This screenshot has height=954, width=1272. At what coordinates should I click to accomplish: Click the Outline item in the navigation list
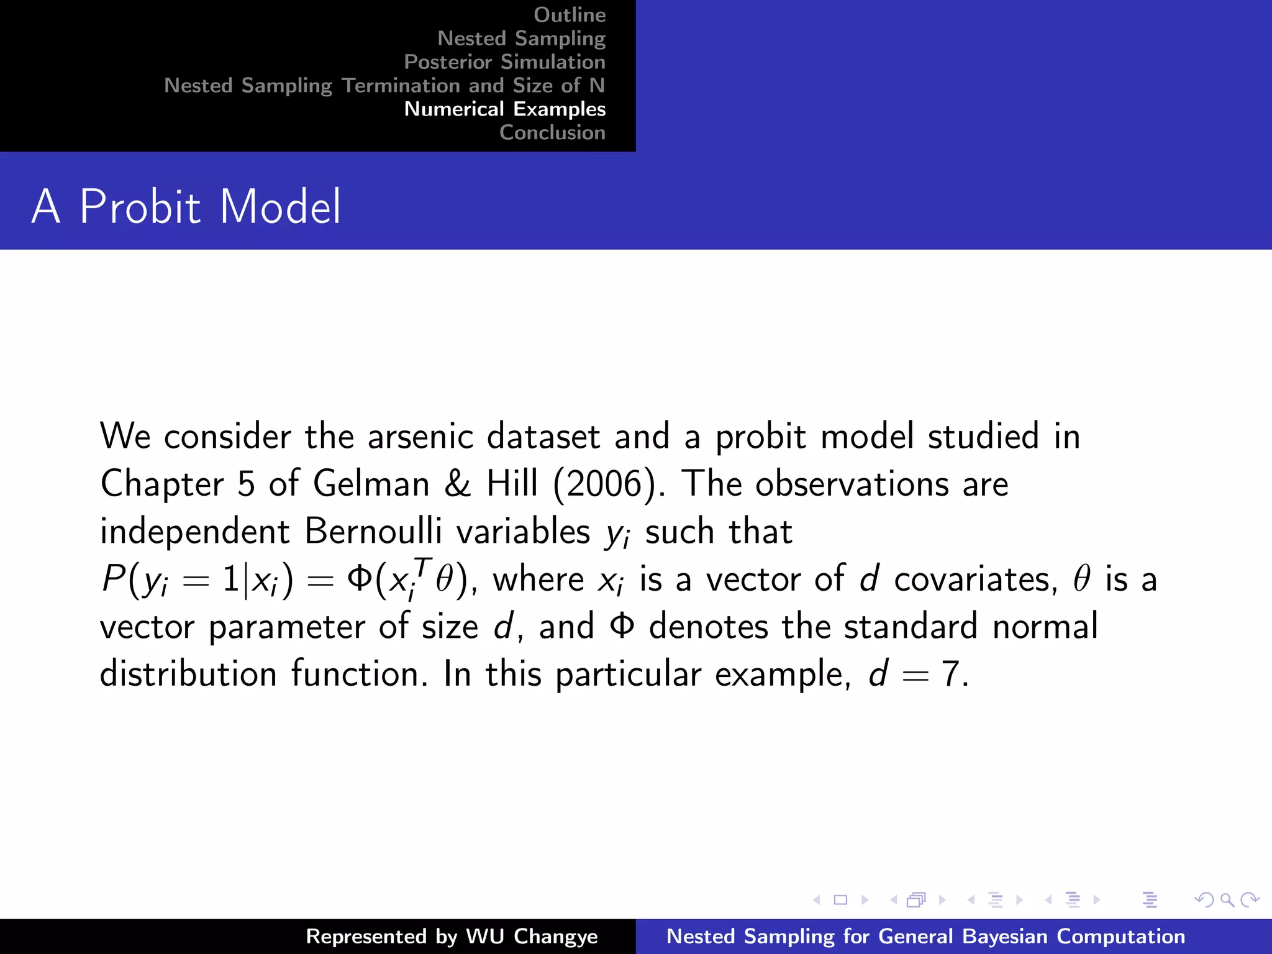pyautogui.click(x=570, y=15)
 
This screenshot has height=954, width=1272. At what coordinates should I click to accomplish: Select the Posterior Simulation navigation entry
pyautogui.click(x=504, y=62)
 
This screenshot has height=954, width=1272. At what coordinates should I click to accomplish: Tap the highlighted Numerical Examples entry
pyautogui.click(x=504, y=109)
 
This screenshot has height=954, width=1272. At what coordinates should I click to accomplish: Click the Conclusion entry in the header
pyautogui.click(x=552, y=133)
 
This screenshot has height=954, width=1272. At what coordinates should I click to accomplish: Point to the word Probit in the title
pyautogui.click(x=140, y=207)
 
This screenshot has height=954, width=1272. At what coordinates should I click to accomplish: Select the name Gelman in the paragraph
pyautogui.click(x=371, y=484)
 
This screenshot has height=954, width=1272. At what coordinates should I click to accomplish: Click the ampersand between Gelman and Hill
pyautogui.click(x=458, y=484)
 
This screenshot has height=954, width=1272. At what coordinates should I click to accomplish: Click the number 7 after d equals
pyautogui.click(x=951, y=674)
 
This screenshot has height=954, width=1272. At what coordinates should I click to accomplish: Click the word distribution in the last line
pyautogui.click(x=188, y=674)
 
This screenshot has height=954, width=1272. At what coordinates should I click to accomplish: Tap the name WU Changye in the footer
pyautogui.click(x=532, y=937)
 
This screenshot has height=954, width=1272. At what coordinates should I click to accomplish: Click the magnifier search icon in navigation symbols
pyautogui.click(x=1227, y=899)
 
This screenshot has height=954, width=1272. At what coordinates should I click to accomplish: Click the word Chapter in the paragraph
pyautogui.click(x=162, y=484)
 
